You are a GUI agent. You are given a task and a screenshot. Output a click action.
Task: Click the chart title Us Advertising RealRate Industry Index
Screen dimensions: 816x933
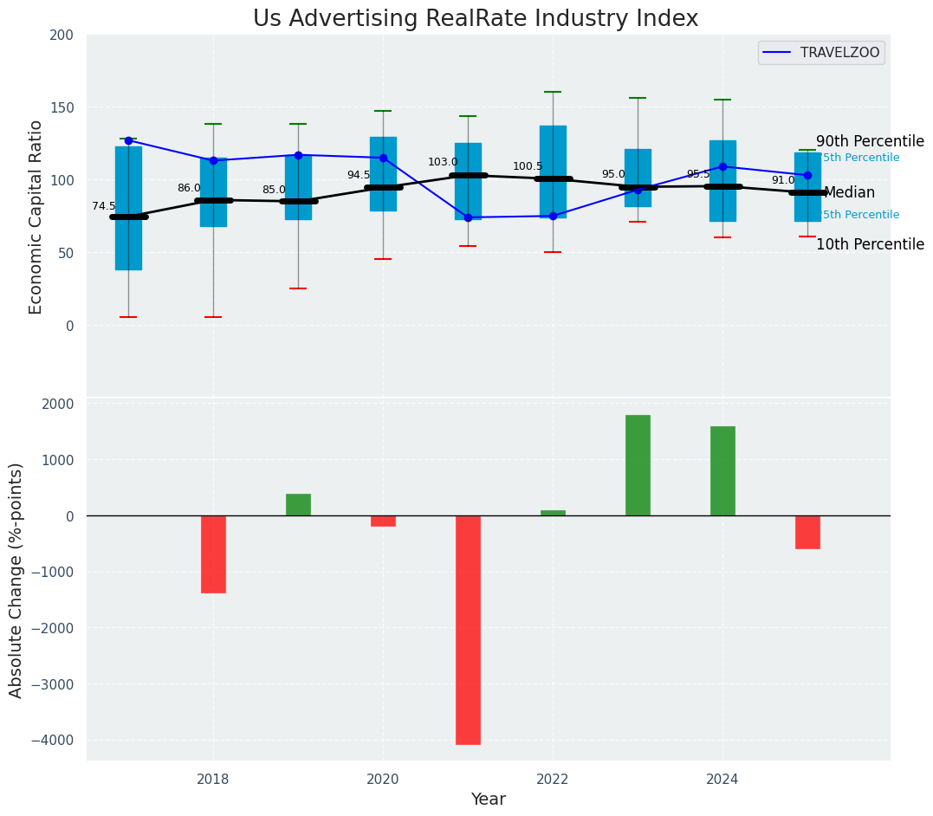pyautogui.click(x=475, y=19)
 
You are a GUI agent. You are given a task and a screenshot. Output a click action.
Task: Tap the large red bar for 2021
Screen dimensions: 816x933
pyautogui.click(x=468, y=630)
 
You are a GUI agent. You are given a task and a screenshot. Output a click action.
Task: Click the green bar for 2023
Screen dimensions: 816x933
pyautogui.click(x=638, y=465)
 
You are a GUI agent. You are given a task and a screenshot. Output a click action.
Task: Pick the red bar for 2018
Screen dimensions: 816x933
pyautogui.click(x=213, y=554)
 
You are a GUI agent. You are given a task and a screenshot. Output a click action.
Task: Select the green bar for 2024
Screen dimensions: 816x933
pyautogui.click(x=722, y=470)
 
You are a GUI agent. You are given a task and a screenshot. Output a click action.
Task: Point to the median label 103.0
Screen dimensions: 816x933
pyautogui.click(x=443, y=163)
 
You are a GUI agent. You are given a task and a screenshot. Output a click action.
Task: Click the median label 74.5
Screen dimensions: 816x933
pyautogui.click(x=104, y=206)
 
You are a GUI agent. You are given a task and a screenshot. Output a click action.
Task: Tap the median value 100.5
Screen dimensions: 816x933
pyautogui.click(x=528, y=167)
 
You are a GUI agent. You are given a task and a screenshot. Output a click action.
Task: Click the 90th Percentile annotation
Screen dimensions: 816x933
pyautogui.click(x=869, y=142)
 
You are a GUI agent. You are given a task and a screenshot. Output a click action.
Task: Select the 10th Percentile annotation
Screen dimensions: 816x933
pyautogui.click(x=869, y=245)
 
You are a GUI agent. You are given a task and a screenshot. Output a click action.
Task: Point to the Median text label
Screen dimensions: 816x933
pyautogui.click(x=849, y=193)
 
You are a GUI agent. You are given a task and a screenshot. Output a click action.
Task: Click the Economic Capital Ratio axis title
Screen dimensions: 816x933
pyautogui.click(x=36, y=217)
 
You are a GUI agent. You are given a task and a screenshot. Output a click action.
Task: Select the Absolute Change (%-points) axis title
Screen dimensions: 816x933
pyautogui.click(x=16, y=580)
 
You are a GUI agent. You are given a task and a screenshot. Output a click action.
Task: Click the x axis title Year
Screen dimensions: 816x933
pyautogui.click(x=489, y=800)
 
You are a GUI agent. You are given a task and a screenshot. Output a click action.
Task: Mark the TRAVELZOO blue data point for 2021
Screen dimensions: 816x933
pyautogui.click(x=468, y=217)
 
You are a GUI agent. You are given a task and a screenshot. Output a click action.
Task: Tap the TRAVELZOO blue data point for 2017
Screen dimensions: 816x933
pyautogui.click(x=128, y=140)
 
